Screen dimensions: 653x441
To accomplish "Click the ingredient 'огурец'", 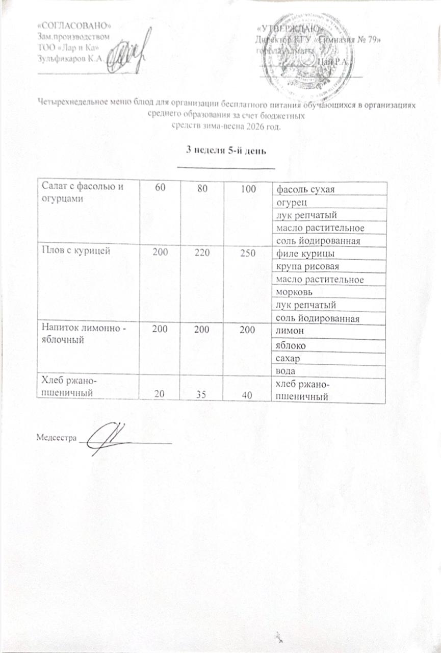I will [x=289, y=203].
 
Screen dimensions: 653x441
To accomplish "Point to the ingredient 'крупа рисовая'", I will [x=307, y=266].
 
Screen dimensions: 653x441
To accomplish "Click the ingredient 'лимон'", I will [x=289, y=332].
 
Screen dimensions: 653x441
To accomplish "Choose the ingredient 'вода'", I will [x=284, y=371].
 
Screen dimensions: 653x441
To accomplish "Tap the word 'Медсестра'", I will [x=56, y=437].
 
